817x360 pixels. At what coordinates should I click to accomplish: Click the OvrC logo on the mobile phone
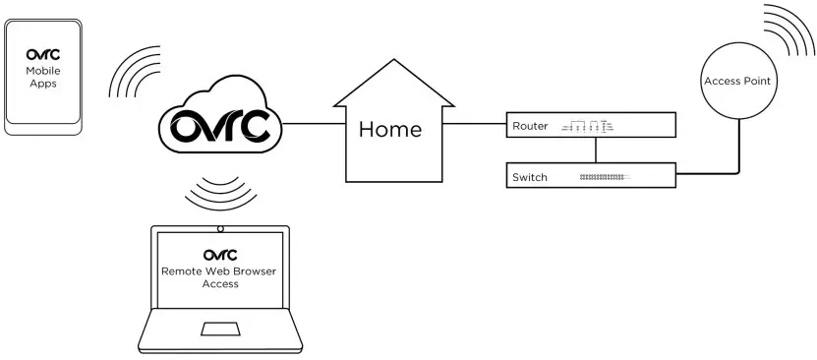click(42, 55)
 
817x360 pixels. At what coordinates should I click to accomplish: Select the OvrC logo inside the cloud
click(219, 127)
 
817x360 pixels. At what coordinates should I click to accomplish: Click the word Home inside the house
click(389, 129)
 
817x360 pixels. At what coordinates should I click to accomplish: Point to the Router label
click(530, 126)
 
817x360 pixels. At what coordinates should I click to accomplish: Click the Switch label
click(530, 177)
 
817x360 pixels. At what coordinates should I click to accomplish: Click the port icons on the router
click(586, 126)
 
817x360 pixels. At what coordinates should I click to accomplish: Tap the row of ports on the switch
click(603, 177)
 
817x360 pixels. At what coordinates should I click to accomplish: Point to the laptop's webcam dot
click(219, 229)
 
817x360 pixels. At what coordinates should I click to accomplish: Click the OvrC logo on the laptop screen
click(219, 256)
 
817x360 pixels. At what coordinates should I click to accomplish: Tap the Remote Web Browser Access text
click(219, 277)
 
